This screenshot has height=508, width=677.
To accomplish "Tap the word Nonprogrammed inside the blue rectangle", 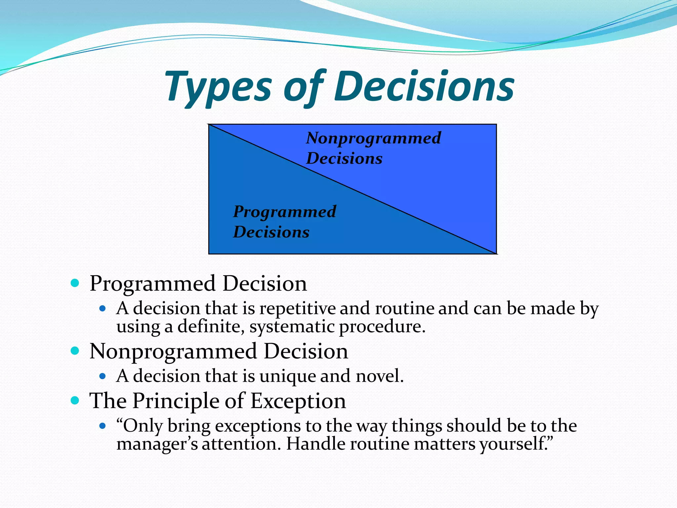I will pos(373,138).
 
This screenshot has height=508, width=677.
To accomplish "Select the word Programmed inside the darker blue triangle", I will pos(284,212).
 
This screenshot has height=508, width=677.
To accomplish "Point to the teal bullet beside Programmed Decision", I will pos(75,283).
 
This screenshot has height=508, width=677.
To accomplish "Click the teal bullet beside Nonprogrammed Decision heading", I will pos(75,351).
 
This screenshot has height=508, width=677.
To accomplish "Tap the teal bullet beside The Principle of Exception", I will pos(75,401).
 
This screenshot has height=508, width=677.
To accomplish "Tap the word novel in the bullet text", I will pos(379,376).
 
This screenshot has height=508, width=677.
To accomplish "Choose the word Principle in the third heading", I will pos(176,401).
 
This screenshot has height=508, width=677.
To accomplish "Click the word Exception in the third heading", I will pos(298,401).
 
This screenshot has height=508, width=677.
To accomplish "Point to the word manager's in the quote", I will pos(157,444).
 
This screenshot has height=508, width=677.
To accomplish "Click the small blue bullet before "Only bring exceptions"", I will pos(102,426).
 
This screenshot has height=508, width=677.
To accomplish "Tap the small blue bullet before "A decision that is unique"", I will pos(102,376).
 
